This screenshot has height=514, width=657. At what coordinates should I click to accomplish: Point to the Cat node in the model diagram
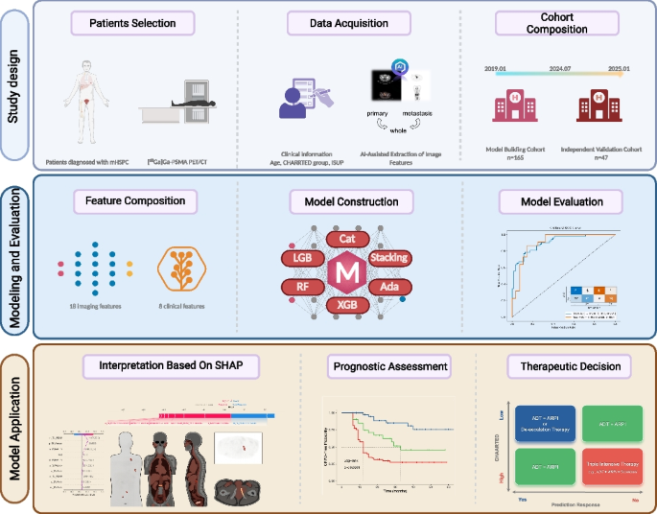point(343,237)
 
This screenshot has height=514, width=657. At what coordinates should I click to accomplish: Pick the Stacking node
point(387,257)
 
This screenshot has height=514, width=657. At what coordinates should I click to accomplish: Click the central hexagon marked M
point(343,271)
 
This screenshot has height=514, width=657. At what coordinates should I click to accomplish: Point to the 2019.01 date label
point(495,68)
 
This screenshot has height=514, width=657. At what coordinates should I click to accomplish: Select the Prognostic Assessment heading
point(390,365)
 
